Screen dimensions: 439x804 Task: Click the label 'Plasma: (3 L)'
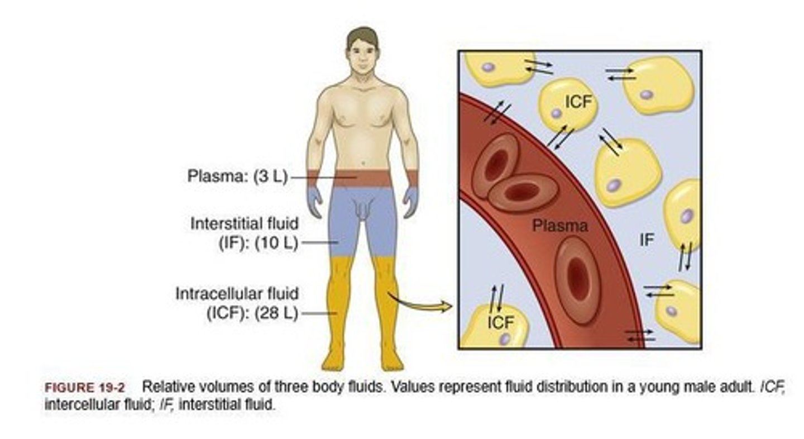pyautogui.click(x=237, y=178)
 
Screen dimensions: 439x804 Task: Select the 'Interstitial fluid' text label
pyautogui.click(x=245, y=223)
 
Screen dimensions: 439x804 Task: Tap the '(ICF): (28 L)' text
pyautogui.click(x=252, y=313)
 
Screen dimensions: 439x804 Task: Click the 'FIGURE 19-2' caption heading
pyautogui.click(x=85, y=388)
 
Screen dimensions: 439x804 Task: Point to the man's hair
pyautogui.click(x=362, y=37)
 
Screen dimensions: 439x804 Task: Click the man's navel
pyautogui.click(x=363, y=164)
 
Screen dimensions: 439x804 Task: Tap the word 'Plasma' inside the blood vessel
pyautogui.click(x=559, y=226)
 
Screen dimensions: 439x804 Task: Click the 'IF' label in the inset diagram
pyautogui.click(x=647, y=241)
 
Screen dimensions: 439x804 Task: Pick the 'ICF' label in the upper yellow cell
pyautogui.click(x=578, y=102)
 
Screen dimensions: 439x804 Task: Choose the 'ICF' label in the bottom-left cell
pyautogui.click(x=500, y=322)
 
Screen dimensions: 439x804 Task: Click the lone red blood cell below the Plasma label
pyautogui.click(x=577, y=279)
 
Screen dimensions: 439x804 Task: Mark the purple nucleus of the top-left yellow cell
pyautogui.click(x=489, y=67)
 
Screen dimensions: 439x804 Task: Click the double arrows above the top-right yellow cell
pyautogui.click(x=620, y=74)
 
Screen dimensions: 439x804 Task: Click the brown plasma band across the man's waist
pyautogui.click(x=363, y=178)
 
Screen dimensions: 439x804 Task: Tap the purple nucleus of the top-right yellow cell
pyautogui.click(x=646, y=94)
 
